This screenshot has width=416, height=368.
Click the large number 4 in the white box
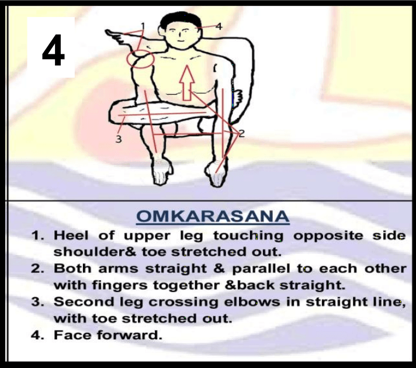(x=53, y=50)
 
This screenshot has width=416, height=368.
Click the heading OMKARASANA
(x=213, y=216)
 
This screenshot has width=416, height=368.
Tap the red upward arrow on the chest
(x=187, y=82)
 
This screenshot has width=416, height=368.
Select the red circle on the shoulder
(x=140, y=59)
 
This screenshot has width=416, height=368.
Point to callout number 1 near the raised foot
(x=143, y=26)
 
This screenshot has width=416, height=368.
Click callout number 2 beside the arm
(x=241, y=133)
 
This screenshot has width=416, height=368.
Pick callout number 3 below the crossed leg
(x=119, y=139)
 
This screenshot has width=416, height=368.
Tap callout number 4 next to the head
(x=219, y=26)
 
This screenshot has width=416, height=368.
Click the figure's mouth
(x=181, y=41)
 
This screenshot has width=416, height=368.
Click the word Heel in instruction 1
(x=71, y=235)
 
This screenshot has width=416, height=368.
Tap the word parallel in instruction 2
(x=261, y=269)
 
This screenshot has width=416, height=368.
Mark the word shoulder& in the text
(x=95, y=252)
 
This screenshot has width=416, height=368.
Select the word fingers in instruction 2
(x=120, y=286)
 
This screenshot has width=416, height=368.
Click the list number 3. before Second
(x=37, y=302)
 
